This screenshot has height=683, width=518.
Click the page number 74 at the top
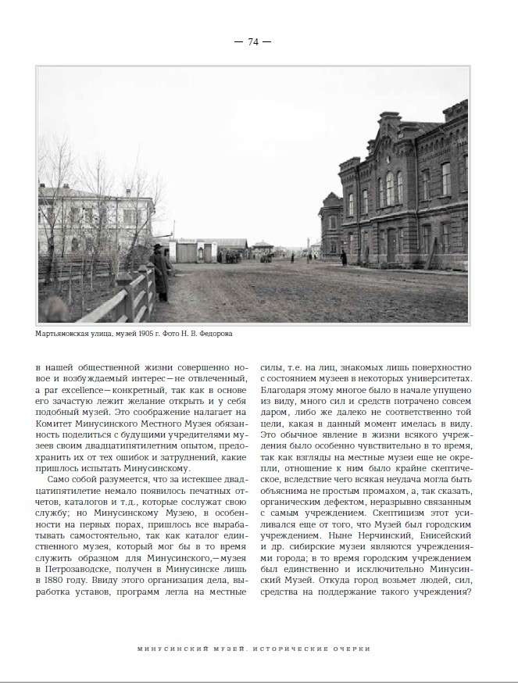[252, 42]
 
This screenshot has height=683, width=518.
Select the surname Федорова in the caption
[212, 334]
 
